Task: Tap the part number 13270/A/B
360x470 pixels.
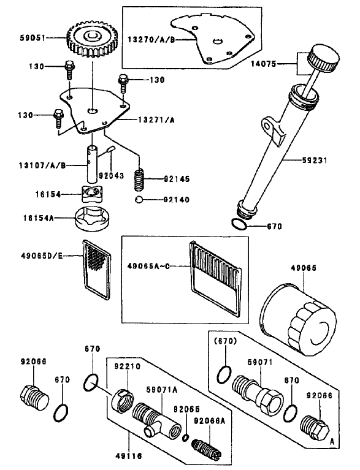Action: [151, 40]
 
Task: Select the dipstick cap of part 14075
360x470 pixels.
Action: [324, 58]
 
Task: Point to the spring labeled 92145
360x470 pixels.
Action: [139, 180]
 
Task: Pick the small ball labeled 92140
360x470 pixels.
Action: [139, 199]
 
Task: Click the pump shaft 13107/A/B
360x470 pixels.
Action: [93, 164]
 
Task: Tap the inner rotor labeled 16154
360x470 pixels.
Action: [92, 194]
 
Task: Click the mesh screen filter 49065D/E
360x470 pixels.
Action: [97, 269]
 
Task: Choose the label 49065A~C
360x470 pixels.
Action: [148, 266]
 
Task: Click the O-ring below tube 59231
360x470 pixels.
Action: [239, 224]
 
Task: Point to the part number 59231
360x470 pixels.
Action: [315, 161]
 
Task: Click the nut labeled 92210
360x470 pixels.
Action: [123, 401]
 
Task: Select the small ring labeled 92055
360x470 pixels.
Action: [186, 438]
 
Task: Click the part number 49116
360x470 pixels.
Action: [129, 456]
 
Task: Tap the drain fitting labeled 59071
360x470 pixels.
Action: [258, 393]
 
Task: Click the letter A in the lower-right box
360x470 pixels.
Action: [332, 441]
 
